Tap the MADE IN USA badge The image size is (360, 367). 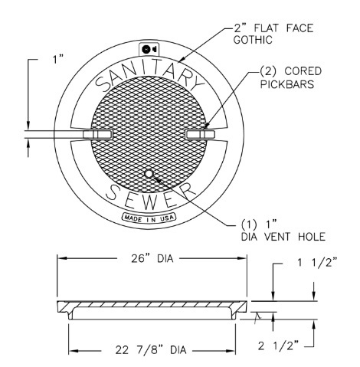[147, 218]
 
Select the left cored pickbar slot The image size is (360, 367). [97, 135]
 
